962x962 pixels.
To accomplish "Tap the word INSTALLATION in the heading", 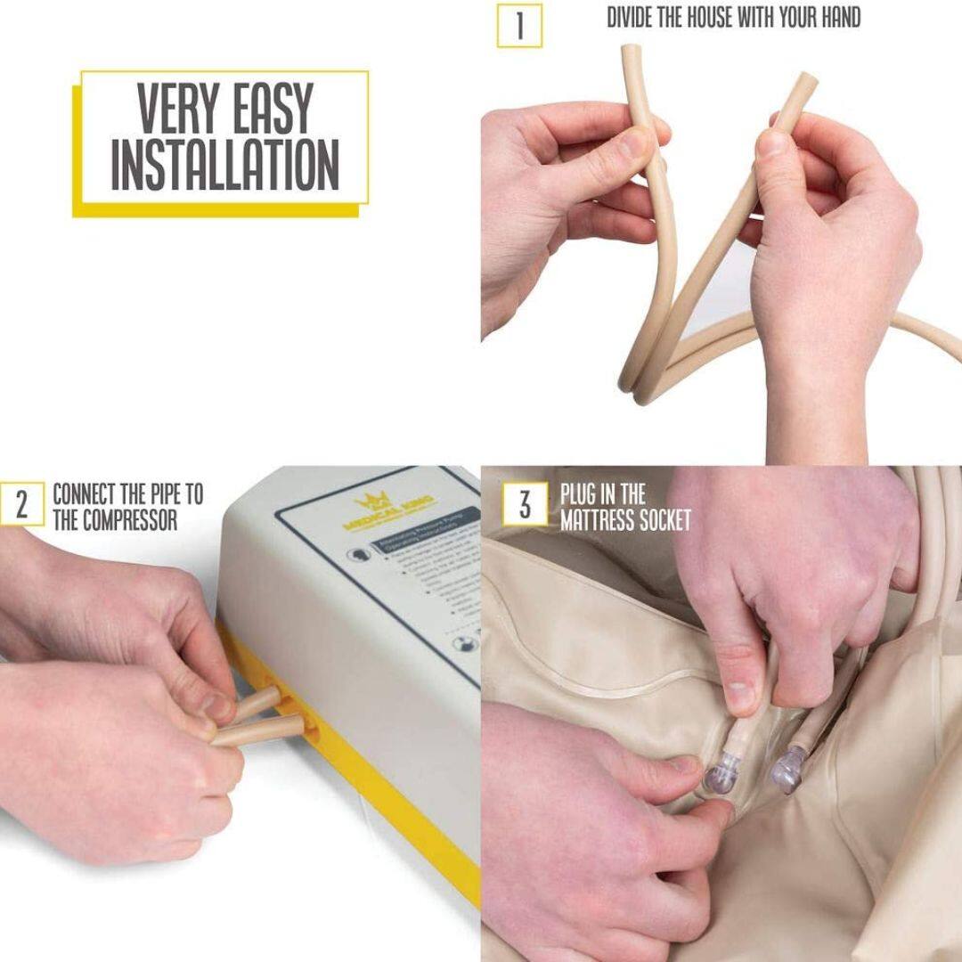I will (224, 165).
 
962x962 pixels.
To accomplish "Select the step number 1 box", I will (519, 26).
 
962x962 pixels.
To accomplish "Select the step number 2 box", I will (21, 504).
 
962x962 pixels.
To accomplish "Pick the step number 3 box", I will (524, 504).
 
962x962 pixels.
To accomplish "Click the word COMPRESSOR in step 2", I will (115, 520).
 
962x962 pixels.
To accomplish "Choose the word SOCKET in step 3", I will (667, 520).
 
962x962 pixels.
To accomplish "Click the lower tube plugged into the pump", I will (258, 730).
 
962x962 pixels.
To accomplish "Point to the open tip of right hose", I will (806, 80).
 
